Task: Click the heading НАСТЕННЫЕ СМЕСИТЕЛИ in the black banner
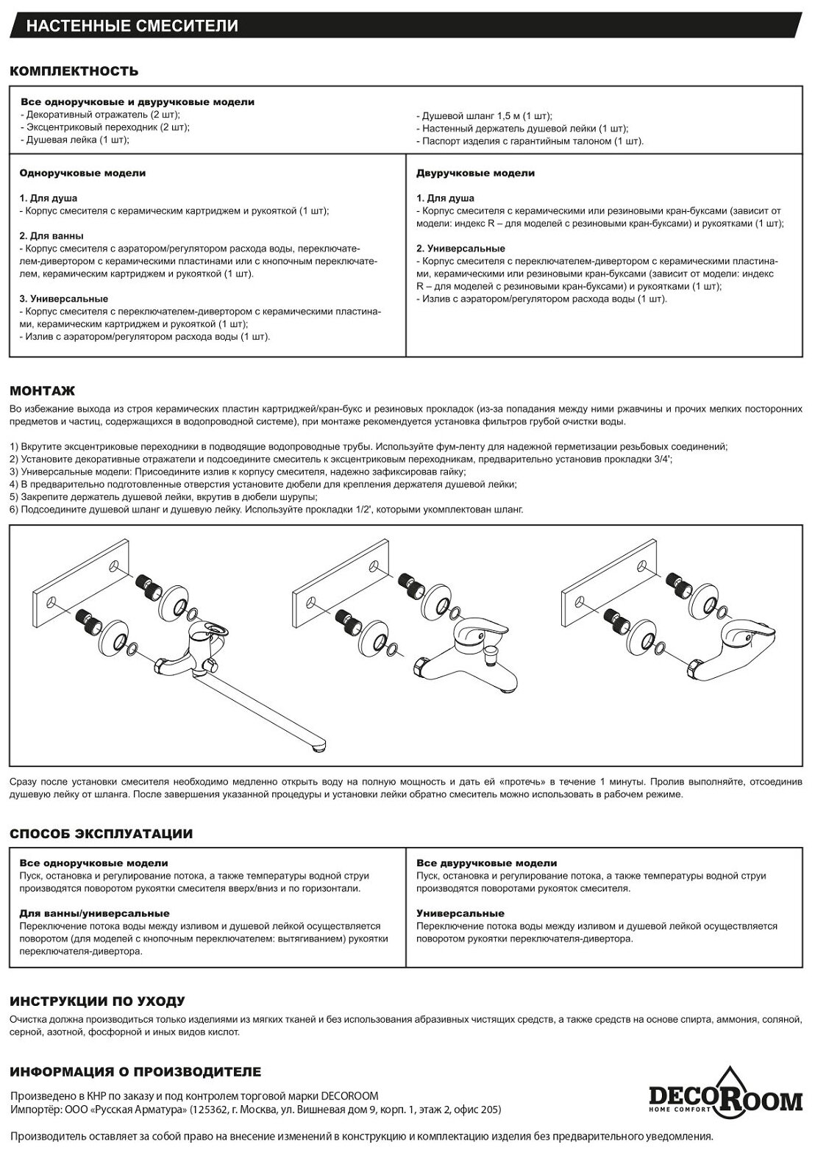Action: (x=132, y=26)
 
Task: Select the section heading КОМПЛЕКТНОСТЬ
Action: (x=74, y=71)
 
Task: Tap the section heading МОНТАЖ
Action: (x=43, y=390)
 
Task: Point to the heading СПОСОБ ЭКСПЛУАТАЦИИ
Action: (x=101, y=834)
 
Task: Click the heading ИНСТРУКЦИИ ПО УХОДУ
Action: (x=97, y=1001)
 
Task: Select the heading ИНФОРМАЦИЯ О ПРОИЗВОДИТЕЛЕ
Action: (x=135, y=1071)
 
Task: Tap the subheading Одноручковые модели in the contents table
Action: (x=82, y=174)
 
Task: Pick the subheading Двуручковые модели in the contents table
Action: (x=475, y=174)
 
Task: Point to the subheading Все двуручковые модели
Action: (x=486, y=863)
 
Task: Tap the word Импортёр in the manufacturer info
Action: (x=34, y=1110)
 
